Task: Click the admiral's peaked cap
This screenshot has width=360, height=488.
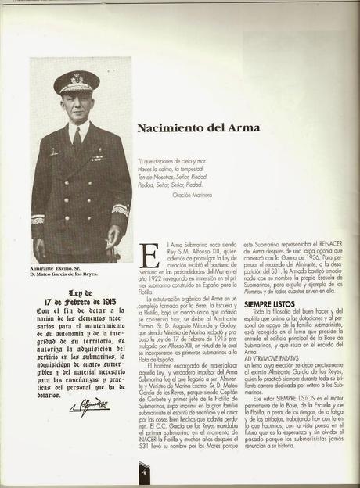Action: (x=76, y=81)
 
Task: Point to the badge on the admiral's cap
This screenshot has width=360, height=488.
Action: (x=77, y=77)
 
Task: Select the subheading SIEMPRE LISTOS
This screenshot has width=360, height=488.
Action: (x=268, y=303)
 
